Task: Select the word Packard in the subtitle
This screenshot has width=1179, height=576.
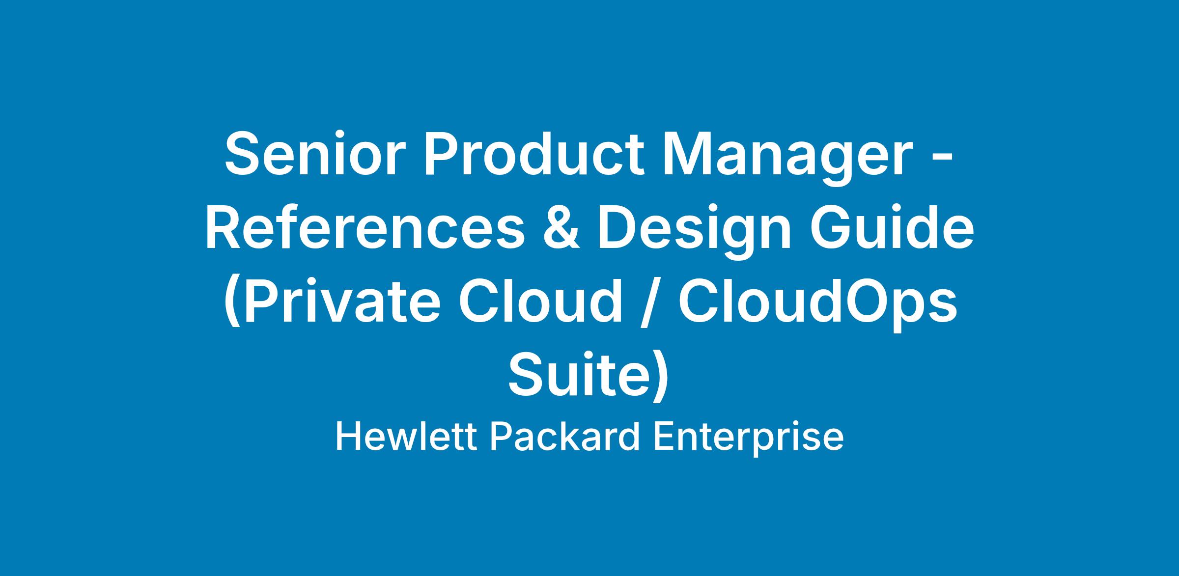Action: point(565,437)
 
